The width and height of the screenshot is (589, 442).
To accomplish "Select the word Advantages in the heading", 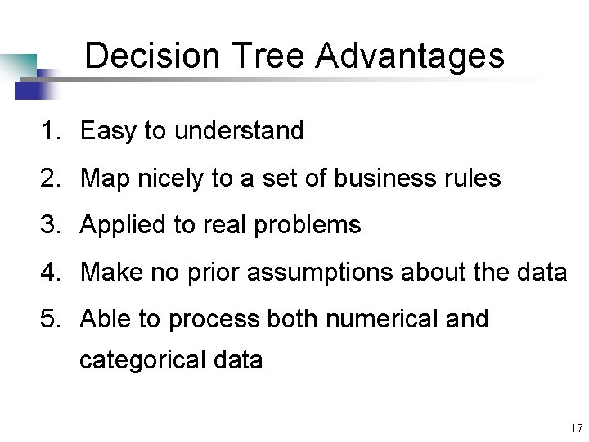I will click(410, 56).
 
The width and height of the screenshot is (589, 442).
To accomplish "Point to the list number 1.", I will click(51, 131).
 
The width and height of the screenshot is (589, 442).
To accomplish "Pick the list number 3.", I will click(51, 225).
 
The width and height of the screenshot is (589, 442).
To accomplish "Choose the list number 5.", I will click(51, 319).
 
